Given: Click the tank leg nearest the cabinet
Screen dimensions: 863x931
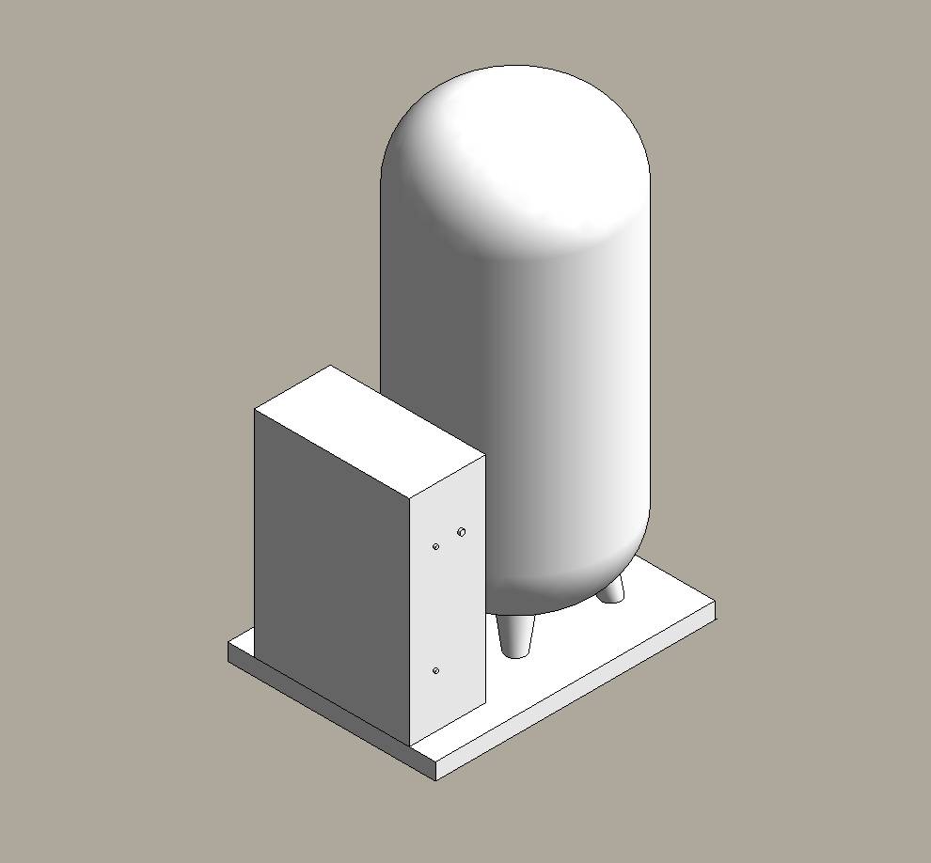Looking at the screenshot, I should [x=515, y=636].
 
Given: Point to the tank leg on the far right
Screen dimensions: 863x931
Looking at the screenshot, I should [x=611, y=589].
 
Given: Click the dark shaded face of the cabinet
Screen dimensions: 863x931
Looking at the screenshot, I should [x=334, y=564].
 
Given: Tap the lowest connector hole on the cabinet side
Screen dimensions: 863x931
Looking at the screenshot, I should [x=435, y=670].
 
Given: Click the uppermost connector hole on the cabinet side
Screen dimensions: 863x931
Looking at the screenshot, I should [x=461, y=532].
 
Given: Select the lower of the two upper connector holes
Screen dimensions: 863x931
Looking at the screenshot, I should [x=435, y=546].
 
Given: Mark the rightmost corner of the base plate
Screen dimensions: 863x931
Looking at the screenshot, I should [x=715, y=602].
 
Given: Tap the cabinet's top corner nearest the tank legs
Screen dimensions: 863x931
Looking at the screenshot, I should [x=484, y=457].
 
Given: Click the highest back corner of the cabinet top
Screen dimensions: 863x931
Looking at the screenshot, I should [x=330, y=366].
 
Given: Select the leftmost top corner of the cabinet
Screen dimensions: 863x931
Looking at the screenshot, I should [x=255, y=409].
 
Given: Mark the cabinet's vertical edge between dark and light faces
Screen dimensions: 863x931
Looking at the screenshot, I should [x=411, y=620].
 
